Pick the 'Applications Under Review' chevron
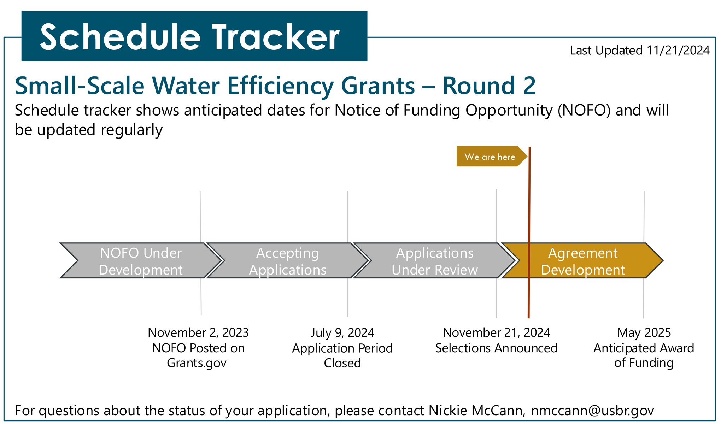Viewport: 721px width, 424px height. (435, 261)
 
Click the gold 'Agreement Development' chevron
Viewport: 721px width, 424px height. (582, 261)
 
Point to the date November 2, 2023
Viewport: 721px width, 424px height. (198, 333)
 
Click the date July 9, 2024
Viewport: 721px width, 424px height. (342, 333)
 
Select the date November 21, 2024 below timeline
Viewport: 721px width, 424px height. (497, 333)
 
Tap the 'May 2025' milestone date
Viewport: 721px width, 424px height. (644, 333)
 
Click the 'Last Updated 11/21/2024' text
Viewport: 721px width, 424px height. (640, 51)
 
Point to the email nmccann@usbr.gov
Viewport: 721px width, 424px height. (593, 411)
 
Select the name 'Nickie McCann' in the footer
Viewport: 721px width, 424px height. (476, 410)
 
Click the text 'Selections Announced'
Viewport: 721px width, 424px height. (497, 348)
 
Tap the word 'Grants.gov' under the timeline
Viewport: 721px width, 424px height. (197, 363)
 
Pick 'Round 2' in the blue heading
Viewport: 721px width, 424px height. (489, 86)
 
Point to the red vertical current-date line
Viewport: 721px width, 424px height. (529, 232)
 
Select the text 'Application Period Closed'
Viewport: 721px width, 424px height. (342, 355)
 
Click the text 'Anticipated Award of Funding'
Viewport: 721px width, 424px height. (644, 355)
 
